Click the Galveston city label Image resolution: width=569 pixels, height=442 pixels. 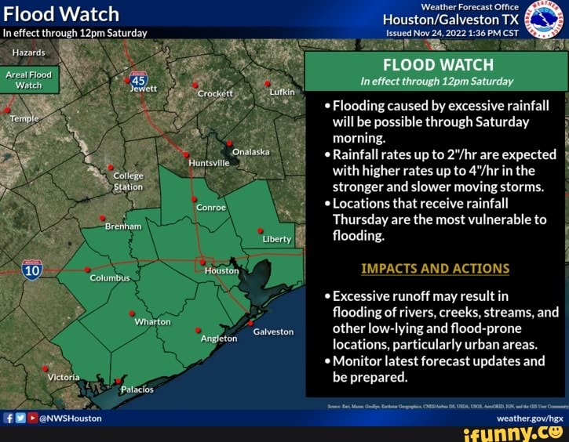pos(273,331)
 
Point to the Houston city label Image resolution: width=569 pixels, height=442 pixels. pos(221,270)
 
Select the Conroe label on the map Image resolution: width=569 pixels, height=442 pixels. pos(210,208)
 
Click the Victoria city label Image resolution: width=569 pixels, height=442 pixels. pos(64,377)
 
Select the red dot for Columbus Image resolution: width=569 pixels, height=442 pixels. pos(88,270)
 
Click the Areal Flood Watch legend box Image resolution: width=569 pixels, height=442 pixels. pos(29,79)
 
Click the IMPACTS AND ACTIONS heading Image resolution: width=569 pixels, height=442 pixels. pos(435,269)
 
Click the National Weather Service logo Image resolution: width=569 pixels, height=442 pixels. pos(544,20)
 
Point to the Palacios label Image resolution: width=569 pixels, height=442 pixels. pos(137,389)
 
